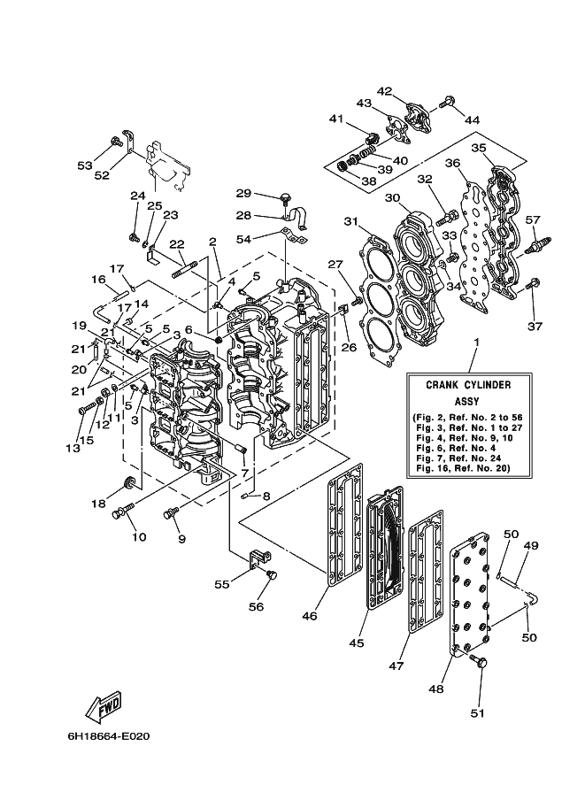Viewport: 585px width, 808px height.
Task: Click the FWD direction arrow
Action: pos(104,707)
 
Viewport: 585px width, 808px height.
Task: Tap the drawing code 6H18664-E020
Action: pos(109,736)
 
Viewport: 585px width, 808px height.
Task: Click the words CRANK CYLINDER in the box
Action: pos(468,385)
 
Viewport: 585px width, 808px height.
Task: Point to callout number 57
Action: pos(533,220)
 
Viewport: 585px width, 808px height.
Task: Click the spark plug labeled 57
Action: pos(538,243)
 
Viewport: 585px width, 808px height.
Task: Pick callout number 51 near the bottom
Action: pos(478,713)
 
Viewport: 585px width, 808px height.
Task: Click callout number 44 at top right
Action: pos(472,120)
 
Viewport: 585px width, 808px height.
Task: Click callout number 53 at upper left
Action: pos(85,165)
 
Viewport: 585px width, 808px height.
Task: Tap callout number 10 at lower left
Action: pos(139,537)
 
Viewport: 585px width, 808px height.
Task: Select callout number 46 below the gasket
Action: pos(310,615)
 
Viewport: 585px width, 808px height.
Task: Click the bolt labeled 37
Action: pos(533,282)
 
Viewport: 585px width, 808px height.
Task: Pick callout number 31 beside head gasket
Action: pos(351,221)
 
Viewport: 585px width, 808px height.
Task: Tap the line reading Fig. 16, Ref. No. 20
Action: pos(463,468)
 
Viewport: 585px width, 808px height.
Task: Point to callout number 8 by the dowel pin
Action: pos(266,496)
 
